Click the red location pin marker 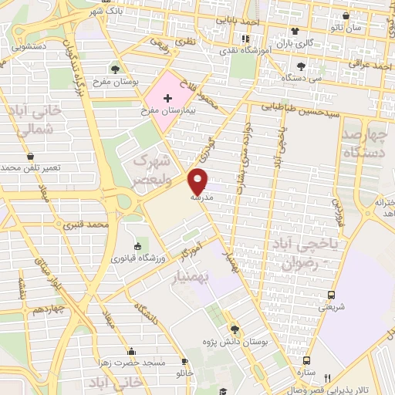click(199, 181)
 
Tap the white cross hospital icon click(167, 98)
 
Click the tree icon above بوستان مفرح click(115, 69)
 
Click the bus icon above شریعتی click(331, 295)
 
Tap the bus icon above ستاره click(306, 360)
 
